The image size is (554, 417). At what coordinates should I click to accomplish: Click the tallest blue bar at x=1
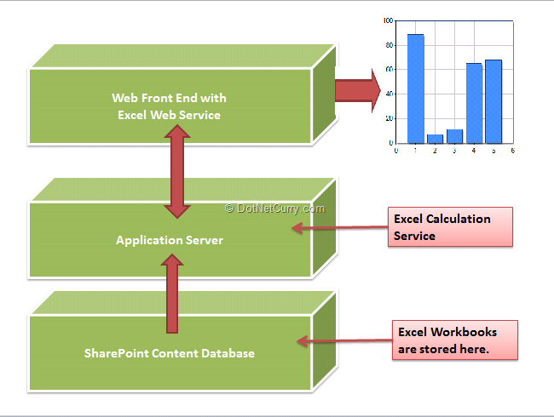[x=416, y=89]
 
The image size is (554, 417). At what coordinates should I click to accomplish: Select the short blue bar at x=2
[x=435, y=139]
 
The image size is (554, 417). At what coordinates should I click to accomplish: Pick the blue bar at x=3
[x=455, y=136]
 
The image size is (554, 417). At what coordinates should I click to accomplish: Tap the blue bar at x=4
[x=474, y=103]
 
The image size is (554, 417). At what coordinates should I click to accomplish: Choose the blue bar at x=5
[x=493, y=101]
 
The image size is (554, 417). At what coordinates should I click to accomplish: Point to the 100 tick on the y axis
[x=389, y=20]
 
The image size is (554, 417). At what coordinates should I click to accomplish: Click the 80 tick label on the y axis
[x=390, y=45]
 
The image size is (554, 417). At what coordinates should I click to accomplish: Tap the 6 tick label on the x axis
[x=512, y=151]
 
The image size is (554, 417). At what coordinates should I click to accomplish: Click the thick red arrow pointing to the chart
[x=358, y=91]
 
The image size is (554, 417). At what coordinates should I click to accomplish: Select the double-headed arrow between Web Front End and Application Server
[x=177, y=171]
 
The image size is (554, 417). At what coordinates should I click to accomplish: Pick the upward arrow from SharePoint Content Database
[x=172, y=294]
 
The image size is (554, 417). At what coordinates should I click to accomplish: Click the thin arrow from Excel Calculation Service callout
[x=340, y=227]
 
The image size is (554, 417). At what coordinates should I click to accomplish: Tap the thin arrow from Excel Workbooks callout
[x=345, y=340]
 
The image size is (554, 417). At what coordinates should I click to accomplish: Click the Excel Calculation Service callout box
[x=450, y=227]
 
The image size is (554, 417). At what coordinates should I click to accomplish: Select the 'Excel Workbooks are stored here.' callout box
[x=455, y=340]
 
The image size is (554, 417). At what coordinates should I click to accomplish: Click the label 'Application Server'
[x=170, y=240]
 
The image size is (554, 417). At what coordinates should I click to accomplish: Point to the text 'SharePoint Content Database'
[x=170, y=353]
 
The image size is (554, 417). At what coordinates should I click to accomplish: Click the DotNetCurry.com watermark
[x=274, y=208]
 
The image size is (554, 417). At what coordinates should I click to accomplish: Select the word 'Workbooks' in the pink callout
[x=464, y=332]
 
